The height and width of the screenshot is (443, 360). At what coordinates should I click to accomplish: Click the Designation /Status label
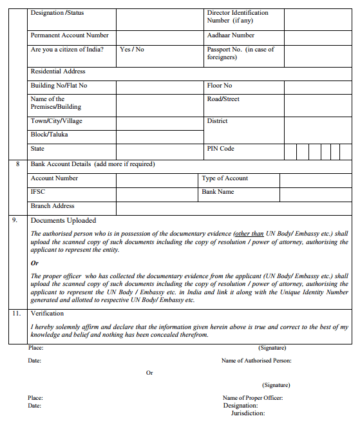click(57, 13)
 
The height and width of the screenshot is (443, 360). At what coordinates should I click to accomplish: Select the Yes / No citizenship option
click(132, 49)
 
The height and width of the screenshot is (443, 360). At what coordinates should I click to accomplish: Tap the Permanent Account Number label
click(70, 35)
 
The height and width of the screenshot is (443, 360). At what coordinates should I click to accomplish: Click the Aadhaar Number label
click(231, 35)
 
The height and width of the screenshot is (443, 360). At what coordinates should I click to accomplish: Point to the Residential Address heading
click(58, 71)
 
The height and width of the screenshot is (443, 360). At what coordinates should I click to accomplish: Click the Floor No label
click(220, 86)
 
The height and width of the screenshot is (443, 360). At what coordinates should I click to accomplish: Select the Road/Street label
click(223, 99)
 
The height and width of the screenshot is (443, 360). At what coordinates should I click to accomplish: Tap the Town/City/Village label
click(57, 121)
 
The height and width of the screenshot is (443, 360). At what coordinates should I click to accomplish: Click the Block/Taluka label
click(49, 135)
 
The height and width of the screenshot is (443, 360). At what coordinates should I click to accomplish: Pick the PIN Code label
click(221, 149)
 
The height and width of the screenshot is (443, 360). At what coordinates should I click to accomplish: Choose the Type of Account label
click(225, 178)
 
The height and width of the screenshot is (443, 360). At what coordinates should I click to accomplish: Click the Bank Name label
click(218, 192)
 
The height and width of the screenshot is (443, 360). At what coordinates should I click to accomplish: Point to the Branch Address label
click(53, 206)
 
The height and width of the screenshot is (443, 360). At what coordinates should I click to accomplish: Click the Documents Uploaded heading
click(63, 220)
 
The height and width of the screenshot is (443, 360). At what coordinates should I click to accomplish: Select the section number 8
click(17, 164)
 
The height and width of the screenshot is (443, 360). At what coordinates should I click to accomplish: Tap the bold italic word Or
click(35, 263)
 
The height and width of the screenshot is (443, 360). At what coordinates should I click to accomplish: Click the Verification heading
click(47, 314)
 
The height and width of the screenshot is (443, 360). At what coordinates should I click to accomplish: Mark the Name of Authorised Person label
click(256, 361)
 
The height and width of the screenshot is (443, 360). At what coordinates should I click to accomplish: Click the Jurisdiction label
click(248, 413)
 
